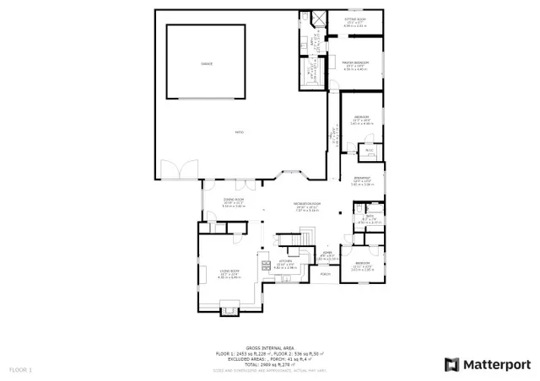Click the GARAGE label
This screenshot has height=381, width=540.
207,64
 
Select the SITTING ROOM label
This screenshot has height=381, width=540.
354,19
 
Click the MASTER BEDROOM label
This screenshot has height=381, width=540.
355,63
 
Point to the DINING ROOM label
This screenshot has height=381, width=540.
233,201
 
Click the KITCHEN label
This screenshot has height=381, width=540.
284,261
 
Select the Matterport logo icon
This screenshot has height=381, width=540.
452,364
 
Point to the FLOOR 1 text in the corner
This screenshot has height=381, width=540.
19,370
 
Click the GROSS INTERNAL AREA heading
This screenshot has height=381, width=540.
269,348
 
